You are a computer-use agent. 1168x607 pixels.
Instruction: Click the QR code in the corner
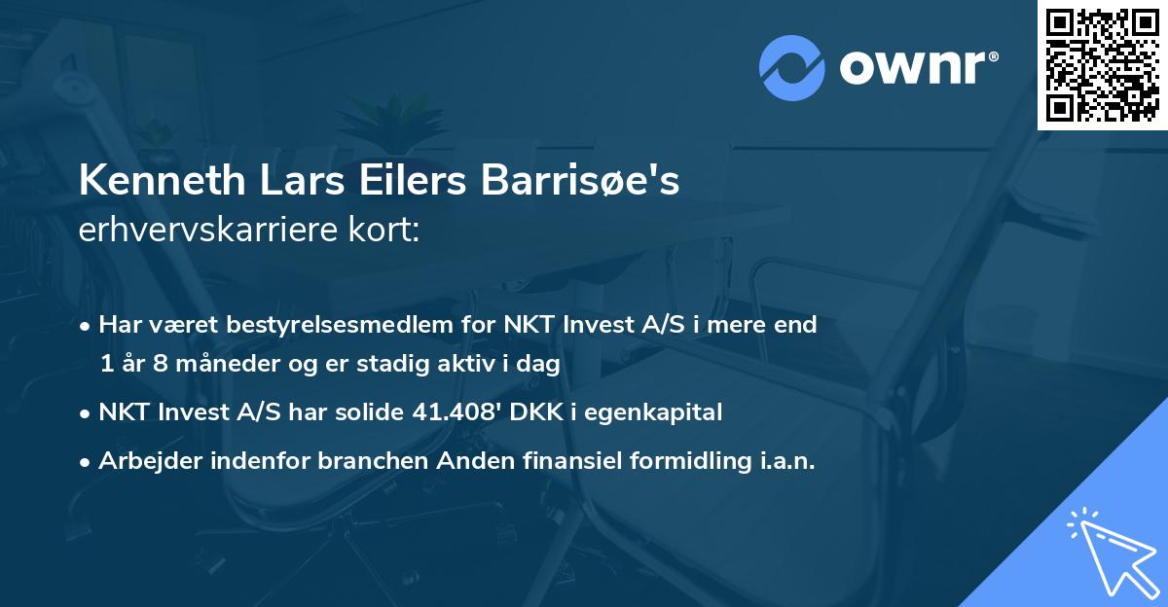click(x=1103, y=64)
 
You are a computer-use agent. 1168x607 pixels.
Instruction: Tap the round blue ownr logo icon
click(x=792, y=67)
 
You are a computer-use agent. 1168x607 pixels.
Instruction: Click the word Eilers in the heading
click(x=400, y=182)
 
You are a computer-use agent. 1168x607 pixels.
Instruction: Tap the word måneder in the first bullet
click(x=207, y=364)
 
